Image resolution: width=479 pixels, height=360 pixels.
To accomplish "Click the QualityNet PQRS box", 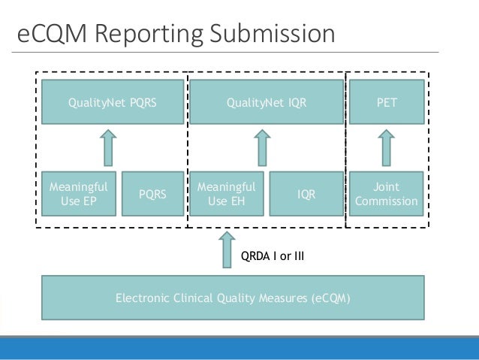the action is [x=113, y=102].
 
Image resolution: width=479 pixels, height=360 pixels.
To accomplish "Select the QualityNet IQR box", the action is [x=267, y=102].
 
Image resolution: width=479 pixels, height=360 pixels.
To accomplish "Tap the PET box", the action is [x=387, y=102].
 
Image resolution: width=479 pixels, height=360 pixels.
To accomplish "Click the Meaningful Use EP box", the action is [x=79, y=194].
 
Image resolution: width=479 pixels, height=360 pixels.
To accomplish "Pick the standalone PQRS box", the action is [x=152, y=194].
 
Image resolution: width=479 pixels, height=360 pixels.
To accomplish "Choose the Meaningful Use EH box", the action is [x=227, y=194].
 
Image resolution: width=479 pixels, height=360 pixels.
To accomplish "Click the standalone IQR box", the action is [x=306, y=194].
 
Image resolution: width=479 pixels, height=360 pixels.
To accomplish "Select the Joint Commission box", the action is [x=387, y=194].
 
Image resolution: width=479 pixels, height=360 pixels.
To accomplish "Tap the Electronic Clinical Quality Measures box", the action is [x=233, y=298].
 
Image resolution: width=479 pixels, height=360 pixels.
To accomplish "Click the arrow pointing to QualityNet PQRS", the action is [x=108, y=148].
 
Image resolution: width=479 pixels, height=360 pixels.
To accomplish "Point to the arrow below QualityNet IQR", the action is [x=262, y=148].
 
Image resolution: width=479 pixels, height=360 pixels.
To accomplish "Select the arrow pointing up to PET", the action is [x=387, y=148].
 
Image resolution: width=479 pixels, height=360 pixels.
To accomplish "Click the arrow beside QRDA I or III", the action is [x=227, y=250].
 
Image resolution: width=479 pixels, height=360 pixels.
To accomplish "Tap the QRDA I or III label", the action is [x=273, y=256].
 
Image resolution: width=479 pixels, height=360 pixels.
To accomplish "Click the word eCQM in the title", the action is [x=52, y=33].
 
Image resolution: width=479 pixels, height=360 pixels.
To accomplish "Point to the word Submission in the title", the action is [x=273, y=33].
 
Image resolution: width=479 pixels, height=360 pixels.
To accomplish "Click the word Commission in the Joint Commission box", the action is [x=387, y=201].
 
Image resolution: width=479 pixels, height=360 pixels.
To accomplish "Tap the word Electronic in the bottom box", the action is [x=143, y=298].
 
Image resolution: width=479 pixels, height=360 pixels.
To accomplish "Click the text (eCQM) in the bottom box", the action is [x=331, y=298].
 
